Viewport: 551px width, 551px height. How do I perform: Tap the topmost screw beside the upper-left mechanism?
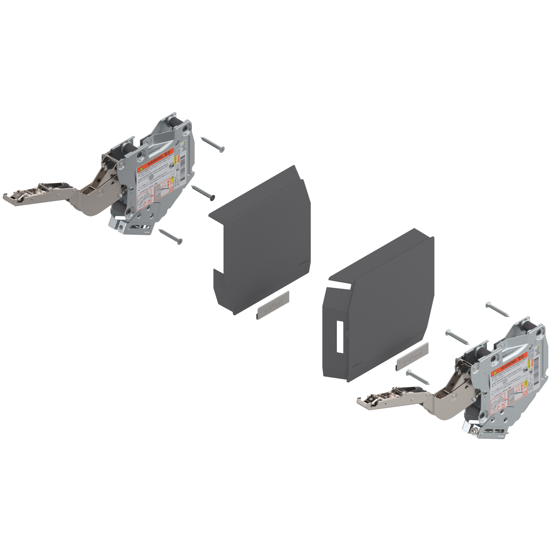point(213,144)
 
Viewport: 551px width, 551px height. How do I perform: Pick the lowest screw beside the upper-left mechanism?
point(170,235)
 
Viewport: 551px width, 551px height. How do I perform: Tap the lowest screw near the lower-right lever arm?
point(418,377)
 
